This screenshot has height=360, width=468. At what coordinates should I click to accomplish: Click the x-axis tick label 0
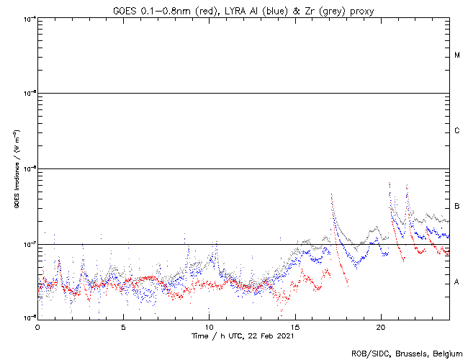pyautogui.click(x=37, y=326)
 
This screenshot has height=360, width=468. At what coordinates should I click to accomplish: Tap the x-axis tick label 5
pyautogui.click(x=123, y=326)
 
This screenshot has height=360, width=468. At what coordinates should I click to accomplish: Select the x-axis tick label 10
pyautogui.click(x=209, y=326)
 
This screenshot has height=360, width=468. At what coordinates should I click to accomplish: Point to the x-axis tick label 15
pyautogui.click(x=294, y=326)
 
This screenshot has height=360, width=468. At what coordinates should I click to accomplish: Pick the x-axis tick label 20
pyautogui.click(x=380, y=326)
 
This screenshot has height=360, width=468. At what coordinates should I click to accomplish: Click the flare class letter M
pyautogui.click(x=457, y=55)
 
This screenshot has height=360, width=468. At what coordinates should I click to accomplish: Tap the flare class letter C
pyautogui.click(x=457, y=131)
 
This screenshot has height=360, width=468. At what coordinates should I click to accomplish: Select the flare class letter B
pyautogui.click(x=457, y=207)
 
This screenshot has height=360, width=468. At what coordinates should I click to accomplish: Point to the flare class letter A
pyautogui.click(x=457, y=282)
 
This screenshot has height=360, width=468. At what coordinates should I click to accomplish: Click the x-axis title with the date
pyautogui.click(x=243, y=336)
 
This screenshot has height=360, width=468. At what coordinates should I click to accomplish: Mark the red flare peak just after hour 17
pyautogui.click(x=331, y=195)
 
